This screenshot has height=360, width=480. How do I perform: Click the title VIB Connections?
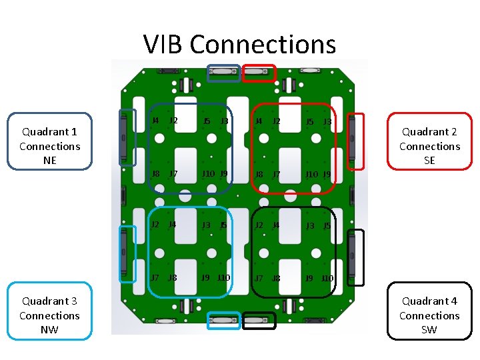click(x=239, y=44)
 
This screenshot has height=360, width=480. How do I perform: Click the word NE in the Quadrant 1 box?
click(x=49, y=160)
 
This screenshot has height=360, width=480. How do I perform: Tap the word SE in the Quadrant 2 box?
click(x=429, y=160)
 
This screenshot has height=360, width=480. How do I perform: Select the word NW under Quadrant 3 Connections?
click(x=49, y=329)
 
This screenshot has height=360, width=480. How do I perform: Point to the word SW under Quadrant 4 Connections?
click(x=429, y=329)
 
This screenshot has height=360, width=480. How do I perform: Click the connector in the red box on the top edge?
click(x=259, y=73)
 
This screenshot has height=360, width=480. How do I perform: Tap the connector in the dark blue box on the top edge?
click(x=223, y=73)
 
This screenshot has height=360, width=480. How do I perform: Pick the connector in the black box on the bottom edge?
click(x=259, y=321)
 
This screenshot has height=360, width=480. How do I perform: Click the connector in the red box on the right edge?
click(x=356, y=141)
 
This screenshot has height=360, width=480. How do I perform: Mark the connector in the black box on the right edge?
click(x=356, y=257)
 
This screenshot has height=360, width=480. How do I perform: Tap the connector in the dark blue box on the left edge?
click(x=124, y=137)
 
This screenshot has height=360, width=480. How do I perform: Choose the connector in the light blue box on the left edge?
click(x=124, y=253)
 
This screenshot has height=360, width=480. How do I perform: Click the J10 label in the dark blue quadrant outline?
click(x=209, y=175)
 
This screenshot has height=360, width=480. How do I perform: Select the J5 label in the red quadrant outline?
click(x=309, y=121)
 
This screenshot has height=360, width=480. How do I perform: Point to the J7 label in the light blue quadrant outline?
click(x=155, y=277)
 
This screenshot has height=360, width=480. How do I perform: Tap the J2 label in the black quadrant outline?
click(x=260, y=225)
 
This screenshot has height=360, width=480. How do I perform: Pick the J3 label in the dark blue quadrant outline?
click(x=225, y=121)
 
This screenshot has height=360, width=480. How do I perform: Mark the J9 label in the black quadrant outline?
click(x=309, y=278)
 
